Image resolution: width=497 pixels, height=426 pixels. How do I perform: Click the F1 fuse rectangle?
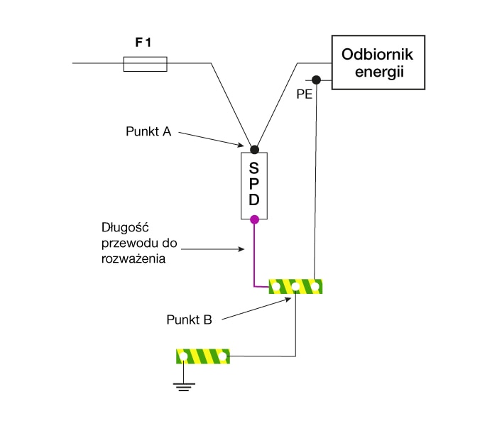tap(146, 65)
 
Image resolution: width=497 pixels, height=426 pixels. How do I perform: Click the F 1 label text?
tap(145, 42)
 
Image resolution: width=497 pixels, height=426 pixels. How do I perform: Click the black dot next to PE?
tap(317, 80)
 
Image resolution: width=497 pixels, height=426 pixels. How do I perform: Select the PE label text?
tap(305, 94)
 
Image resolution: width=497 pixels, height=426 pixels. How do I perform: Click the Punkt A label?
tap(148, 131)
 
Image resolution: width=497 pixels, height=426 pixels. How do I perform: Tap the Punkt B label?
tap(189, 319)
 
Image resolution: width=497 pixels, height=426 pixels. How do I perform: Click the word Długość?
tap(125, 229)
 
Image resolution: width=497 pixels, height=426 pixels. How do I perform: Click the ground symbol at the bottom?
tap(184, 386)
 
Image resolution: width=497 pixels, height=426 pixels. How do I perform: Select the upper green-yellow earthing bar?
tap(295, 287)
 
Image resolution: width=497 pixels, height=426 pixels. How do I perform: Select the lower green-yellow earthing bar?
tap(204, 355)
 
